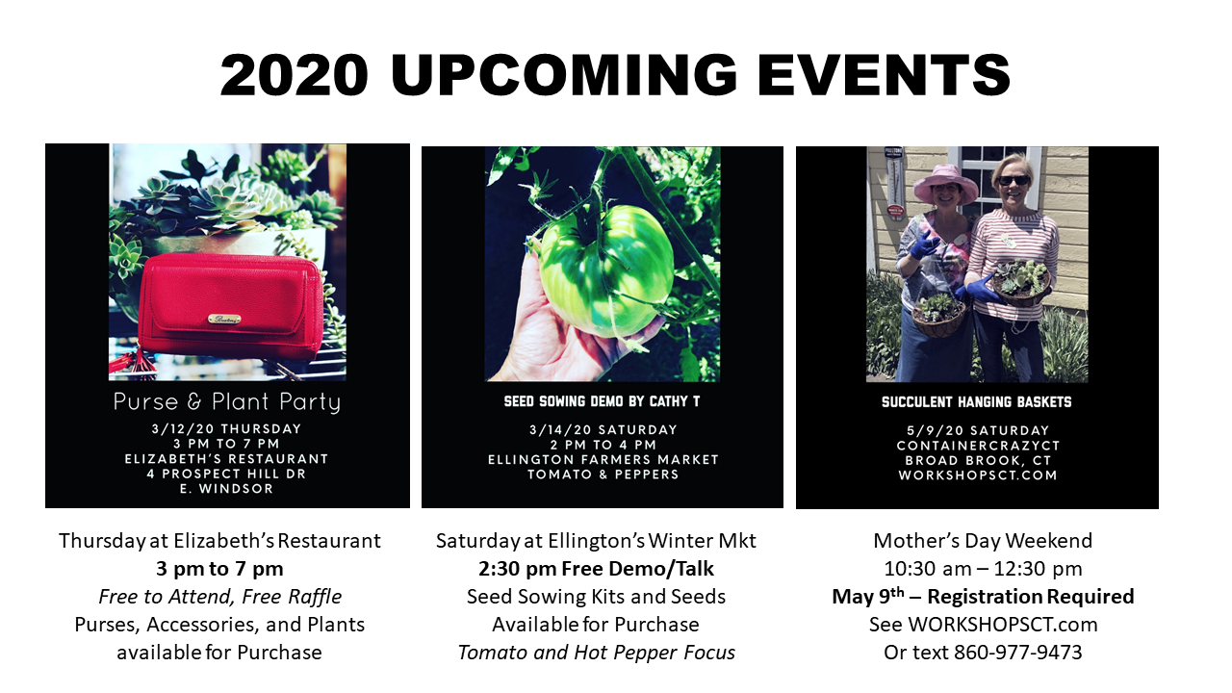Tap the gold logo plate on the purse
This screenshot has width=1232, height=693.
tap(225, 319)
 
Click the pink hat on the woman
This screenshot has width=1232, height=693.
tap(946, 184)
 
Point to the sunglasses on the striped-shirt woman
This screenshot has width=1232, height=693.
tap(1013, 180)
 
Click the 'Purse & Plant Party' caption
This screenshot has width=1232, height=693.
tap(227, 401)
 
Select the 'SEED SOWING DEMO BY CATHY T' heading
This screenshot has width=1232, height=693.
tap(602, 401)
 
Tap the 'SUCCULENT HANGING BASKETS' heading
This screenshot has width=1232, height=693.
tap(977, 402)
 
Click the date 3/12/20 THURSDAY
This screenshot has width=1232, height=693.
tap(227, 429)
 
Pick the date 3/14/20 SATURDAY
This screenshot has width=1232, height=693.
tap(602, 429)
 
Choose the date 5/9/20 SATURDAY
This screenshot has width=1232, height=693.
tap(977, 430)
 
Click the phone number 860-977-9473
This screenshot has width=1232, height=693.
tap(1017, 653)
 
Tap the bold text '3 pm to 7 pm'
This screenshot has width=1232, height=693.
tap(219, 569)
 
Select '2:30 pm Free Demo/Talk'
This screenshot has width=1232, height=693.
tap(596, 569)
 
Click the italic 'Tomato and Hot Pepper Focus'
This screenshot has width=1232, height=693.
tap(596, 653)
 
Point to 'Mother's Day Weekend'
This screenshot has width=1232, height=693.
tap(983, 541)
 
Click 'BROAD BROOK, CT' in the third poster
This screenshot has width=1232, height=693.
tap(977, 460)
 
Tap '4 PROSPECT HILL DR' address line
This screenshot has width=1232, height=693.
tap(227, 474)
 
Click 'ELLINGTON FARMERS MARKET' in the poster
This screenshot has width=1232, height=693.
tap(602, 459)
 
